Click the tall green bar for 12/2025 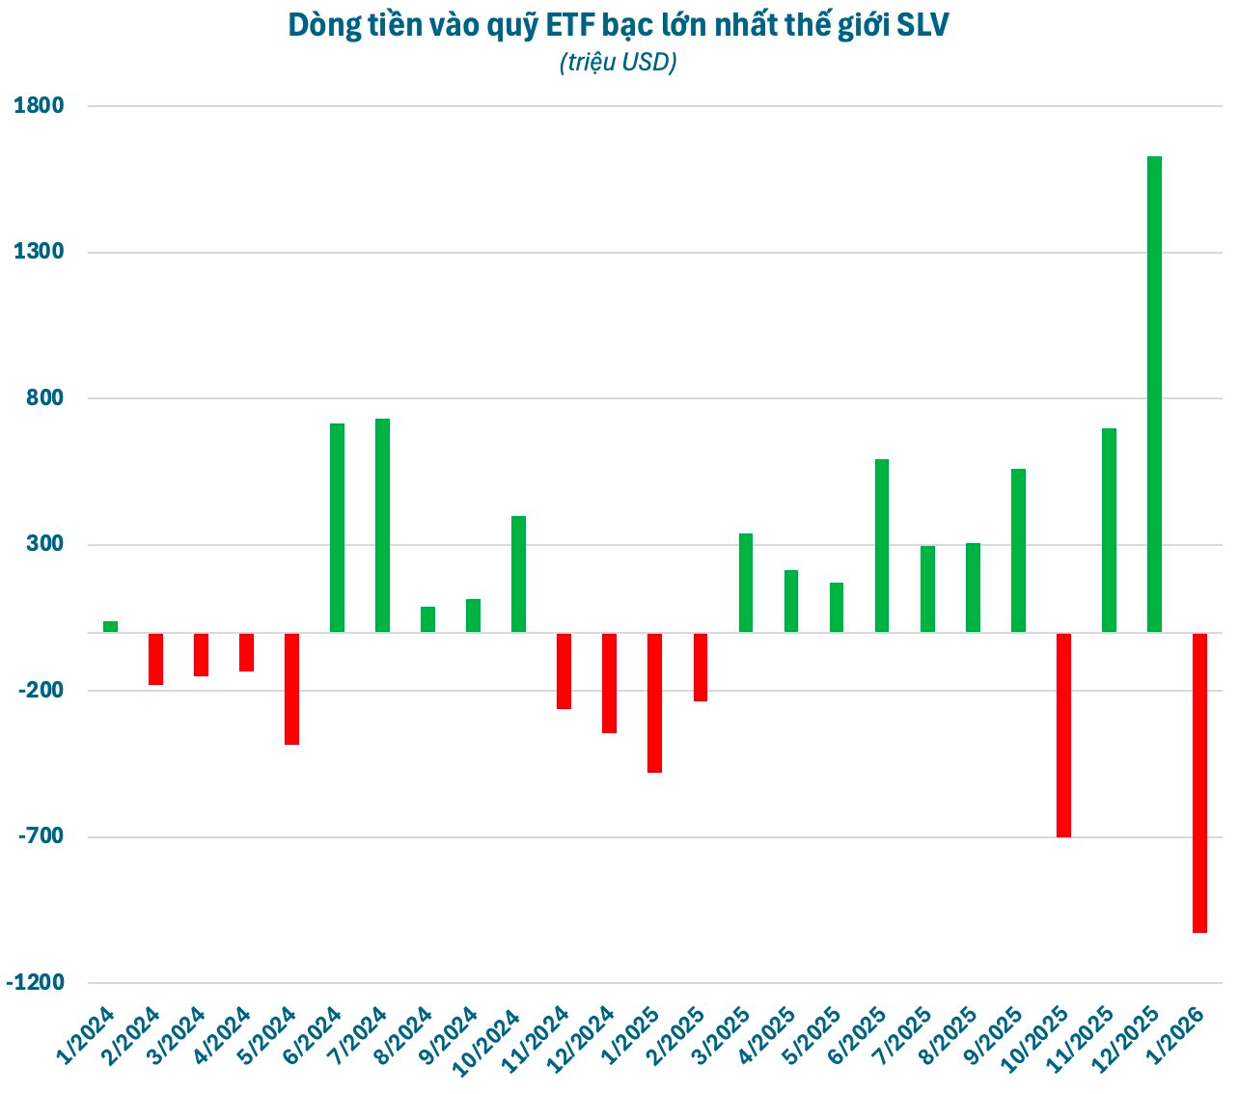[1154, 394]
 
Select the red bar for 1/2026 [1199, 782]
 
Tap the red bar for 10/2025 [1063, 734]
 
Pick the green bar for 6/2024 [337, 528]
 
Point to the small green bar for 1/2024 [110, 626]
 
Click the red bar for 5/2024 [291, 688]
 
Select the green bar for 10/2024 [518, 574]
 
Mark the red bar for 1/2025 [654, 702]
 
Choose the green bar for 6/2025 [882, 545]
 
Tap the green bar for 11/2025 [1109, 530]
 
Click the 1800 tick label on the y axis [40, 106]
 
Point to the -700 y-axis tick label [40, 836]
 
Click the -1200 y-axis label [36, 983]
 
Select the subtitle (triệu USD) [618, 63]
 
